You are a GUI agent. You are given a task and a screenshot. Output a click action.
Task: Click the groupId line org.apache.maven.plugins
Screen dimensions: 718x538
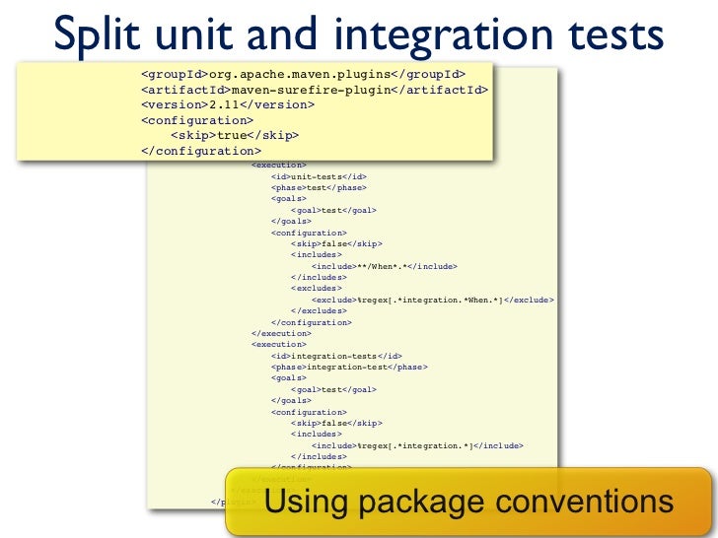[303, 73]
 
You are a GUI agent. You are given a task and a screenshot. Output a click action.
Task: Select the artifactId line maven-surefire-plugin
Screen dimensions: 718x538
[314, 89]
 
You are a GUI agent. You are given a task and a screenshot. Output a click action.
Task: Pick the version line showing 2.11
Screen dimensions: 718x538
[227, 103]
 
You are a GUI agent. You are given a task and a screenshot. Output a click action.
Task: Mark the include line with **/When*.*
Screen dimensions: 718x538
[385, 266]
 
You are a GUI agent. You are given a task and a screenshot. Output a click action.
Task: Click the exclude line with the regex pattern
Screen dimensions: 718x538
[432, 299]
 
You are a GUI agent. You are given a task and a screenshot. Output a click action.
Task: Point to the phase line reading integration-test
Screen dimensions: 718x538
[348, 367]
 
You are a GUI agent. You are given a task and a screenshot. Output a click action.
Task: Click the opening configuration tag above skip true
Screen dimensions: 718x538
[197, 119]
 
